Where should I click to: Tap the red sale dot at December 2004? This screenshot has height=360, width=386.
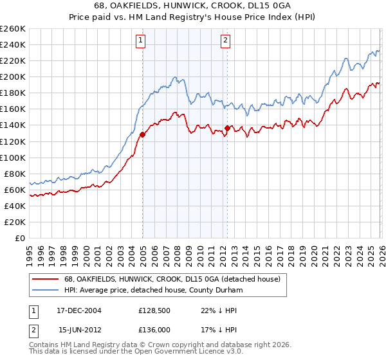[142, 134]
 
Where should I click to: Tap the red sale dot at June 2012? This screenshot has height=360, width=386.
[227, 128]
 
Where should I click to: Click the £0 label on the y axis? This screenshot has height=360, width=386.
[19, 238]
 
